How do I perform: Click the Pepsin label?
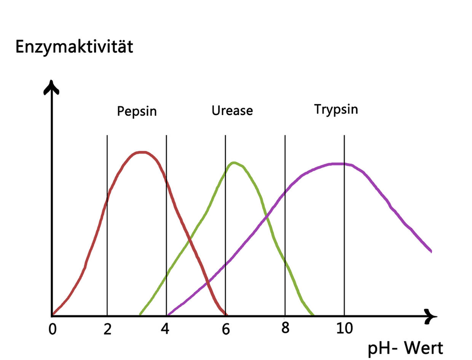137,111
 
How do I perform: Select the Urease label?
232,110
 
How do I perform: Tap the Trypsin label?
336,109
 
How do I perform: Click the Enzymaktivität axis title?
74,47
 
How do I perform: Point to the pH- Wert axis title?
405,348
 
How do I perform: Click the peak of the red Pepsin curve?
142,152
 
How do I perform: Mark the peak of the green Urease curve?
234,163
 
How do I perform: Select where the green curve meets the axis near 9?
313,315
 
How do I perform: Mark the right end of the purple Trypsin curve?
431,251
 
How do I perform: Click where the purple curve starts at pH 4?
168,315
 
